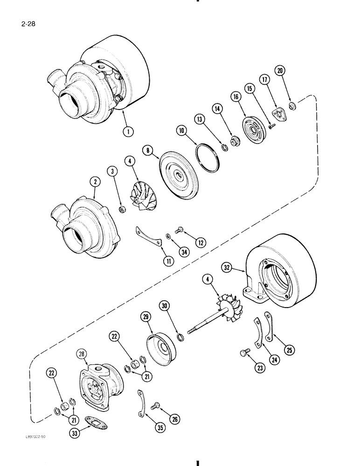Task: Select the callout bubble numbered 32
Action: (x=227, y=267)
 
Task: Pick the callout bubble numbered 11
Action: (x=155, y=260)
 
